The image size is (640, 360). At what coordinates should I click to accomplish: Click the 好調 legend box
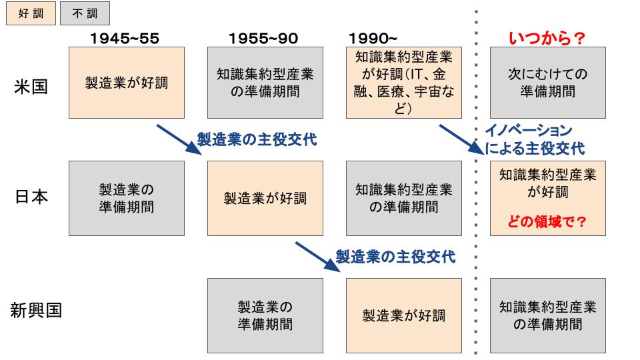pos(31,13)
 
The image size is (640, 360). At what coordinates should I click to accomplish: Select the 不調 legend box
pos(85,13)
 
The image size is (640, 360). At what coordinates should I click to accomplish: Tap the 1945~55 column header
pos(125,39)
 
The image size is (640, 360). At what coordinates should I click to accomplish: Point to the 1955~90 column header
pos(263,39)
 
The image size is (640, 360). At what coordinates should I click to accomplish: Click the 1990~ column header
pos(373,39)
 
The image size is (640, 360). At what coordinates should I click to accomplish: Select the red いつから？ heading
pos(547,39)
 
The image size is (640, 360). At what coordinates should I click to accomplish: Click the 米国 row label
pos(31,87)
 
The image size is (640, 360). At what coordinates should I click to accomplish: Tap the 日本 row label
pos(31,197)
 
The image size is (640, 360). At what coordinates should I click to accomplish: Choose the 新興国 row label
pos(36,310)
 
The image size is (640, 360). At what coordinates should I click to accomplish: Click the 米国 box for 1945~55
pos(127,83)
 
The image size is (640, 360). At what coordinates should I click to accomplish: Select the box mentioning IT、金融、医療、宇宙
pos(404,83)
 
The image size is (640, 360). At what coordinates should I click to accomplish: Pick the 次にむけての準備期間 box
pos(548,83)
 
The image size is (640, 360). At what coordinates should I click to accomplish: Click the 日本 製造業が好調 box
pos(265,199)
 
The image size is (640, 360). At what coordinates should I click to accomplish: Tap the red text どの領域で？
pos(547,221)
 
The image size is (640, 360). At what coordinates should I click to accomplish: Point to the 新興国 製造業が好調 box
pos(404,315)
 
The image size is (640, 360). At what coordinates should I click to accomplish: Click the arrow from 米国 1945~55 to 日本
pos(179,140)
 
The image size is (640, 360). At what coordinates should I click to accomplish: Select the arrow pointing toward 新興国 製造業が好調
pos(318,257)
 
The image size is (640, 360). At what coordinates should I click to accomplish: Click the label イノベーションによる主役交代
pos(535,139)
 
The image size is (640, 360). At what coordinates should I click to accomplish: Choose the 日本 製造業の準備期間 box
pos(127,199)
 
